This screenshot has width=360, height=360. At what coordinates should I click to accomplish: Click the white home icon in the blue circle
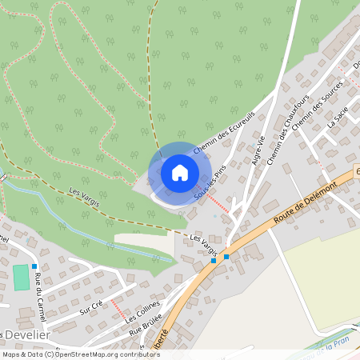coord(180,173)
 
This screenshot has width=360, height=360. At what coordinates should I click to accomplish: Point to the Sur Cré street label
coord(92,307)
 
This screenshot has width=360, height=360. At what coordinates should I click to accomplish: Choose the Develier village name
coord(26,334)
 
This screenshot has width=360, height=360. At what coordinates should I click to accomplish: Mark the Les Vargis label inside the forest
coord(85,198)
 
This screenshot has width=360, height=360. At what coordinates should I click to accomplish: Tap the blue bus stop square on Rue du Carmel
coord(34,266)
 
